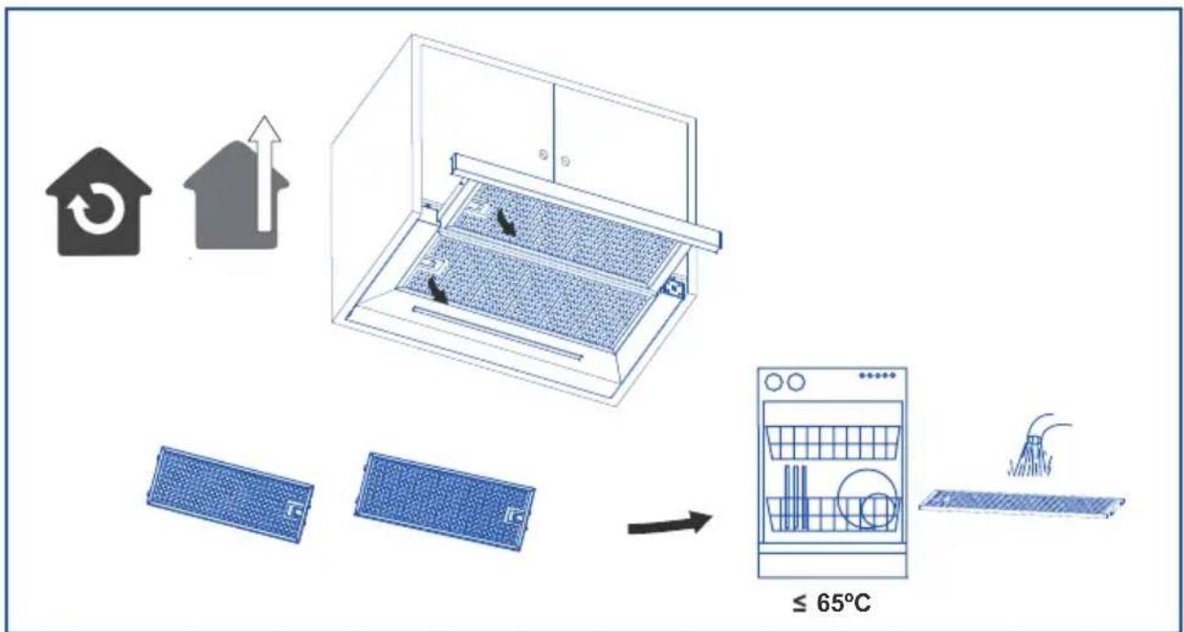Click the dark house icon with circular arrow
click(99, 202)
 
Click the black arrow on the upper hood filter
click(505, 221)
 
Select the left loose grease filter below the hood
click(230, 494)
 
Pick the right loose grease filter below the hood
click(444, 501)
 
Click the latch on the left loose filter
click(293, 511)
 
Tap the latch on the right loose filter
click(515, 516)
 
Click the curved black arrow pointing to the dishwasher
click(669, 524)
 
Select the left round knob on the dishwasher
click(774, 382)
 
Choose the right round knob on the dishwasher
click(796, 382)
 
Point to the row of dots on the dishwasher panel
click(877, 376)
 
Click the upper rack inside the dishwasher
click(832, 442)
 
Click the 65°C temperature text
click(843, 603)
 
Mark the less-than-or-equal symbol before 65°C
click(799, 604)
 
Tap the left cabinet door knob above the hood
click(543, 154)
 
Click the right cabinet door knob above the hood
click(565, 160)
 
